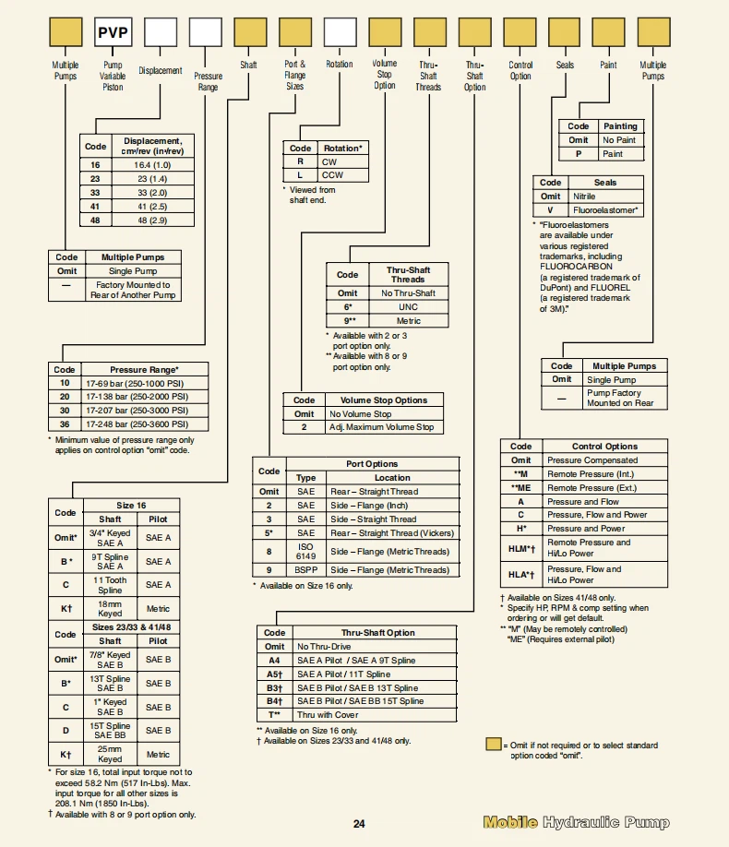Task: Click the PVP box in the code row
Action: pos(113,34)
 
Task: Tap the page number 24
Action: pos(359,824)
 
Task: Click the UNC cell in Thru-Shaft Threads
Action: pos(408,306)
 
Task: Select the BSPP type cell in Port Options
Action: pos(305,569)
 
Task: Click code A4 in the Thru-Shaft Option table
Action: pos(274,661)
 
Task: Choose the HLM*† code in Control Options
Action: pos(520,548)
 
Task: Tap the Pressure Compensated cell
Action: pos(592,459)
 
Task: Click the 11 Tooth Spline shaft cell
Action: pos(110,585)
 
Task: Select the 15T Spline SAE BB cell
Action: pos(110,731)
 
